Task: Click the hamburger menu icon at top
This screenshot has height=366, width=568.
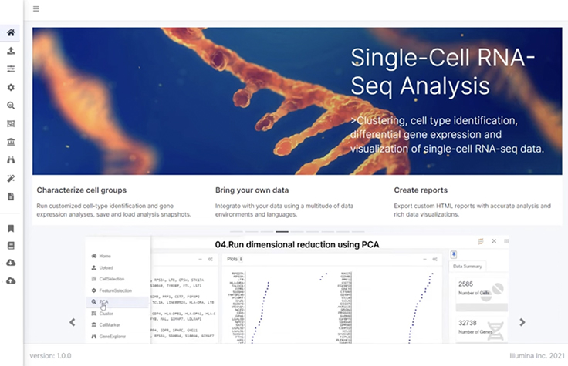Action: tap(36, 9)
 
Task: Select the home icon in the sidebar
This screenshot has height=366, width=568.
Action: tap(11, 33)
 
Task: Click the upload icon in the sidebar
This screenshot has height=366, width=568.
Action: tap(11, 51)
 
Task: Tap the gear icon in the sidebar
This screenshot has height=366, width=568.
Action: tap(11, 88)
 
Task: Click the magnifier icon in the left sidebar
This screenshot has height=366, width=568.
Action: tap(11, 106)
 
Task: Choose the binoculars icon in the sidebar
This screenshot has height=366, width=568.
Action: tap(11, 159)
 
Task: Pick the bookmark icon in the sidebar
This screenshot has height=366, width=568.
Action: tap(11, 228)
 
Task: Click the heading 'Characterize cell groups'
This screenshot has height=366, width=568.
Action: tap(81, 190)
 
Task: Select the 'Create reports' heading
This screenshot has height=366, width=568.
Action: tap(421, 190)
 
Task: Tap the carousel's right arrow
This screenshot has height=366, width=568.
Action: tap(522, 322)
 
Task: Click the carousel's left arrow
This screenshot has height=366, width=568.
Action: tap(73, 322)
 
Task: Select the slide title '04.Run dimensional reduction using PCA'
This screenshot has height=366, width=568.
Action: tap(297, 244)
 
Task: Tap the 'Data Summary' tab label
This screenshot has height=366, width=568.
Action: tap(468, 265)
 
